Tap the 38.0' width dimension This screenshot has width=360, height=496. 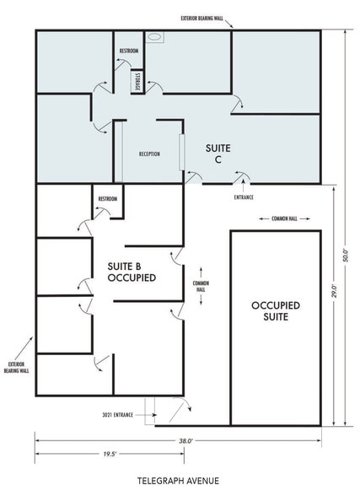(184, 440)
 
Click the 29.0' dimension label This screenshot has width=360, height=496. (334, 292)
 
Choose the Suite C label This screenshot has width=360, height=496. (218, 154)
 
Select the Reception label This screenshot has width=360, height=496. (149, 154)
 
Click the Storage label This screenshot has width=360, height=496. (135, 81)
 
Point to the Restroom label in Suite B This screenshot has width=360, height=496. (108, 199)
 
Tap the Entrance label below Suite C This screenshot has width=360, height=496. (244, 197)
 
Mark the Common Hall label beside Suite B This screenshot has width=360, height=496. (201, 286)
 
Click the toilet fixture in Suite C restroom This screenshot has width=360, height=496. (155, 38)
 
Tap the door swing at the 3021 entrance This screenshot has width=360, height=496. (180, 409)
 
